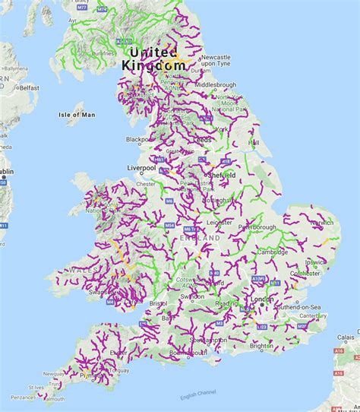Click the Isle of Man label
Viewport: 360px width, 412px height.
pyautogui.click(x=77, y=115)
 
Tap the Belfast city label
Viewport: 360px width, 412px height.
pyautogui.click(x=29, y=87)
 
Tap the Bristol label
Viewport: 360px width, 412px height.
pyautogui.click(x=157, y=303)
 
